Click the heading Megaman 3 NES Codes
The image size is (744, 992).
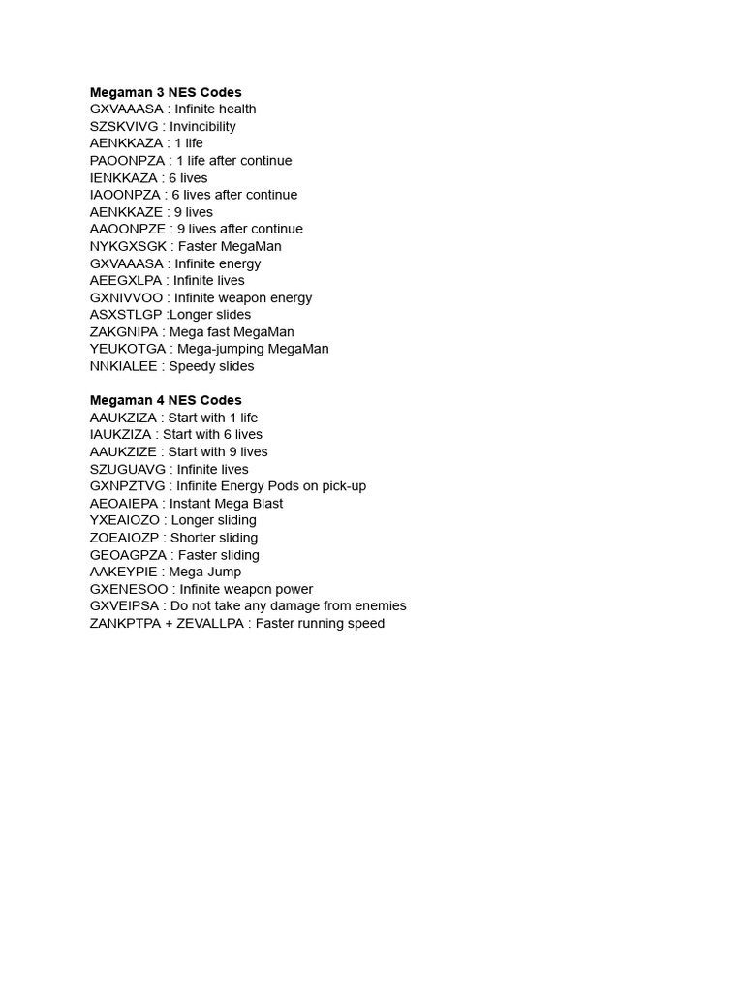pos(166,92)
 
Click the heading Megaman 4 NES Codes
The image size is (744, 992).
pos(166,400)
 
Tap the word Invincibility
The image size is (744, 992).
pos(205,126)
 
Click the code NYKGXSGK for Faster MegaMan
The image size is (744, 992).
pos(129,246)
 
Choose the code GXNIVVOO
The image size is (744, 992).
pos(127,297)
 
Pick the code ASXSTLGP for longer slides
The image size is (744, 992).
pos(126,315)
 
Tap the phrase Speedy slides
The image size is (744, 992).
pos(211,366)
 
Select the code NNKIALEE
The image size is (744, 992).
pos(125,366)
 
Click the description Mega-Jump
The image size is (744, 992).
pos(205,572)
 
